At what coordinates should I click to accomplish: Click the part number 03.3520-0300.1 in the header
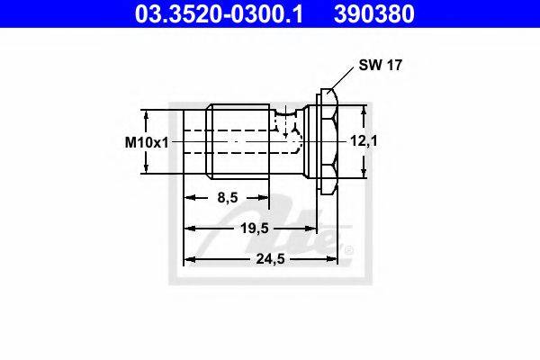point(219,13)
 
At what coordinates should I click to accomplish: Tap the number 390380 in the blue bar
point(373,13)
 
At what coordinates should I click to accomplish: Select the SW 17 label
point(380,65)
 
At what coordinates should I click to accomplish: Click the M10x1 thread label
point(147,142)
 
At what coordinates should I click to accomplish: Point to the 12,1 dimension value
point(364,140)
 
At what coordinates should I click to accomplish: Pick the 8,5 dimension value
point(228,198)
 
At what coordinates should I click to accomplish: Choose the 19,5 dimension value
point(255,228)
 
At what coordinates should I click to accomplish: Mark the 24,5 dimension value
point(270,258)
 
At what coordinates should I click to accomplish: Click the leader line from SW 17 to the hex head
point(340,78)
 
